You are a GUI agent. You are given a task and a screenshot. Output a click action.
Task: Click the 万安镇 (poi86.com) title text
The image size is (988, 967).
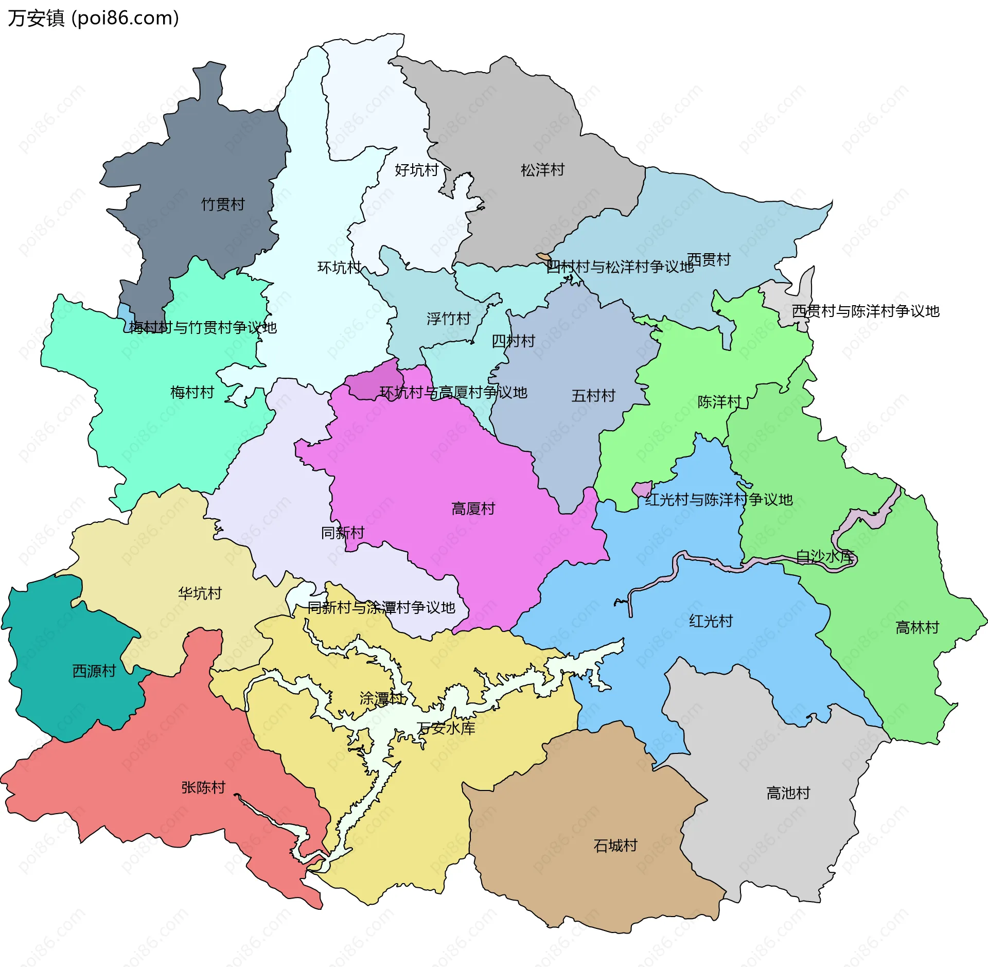coord(93,19)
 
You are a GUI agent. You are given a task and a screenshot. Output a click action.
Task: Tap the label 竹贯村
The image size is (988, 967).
coord(222,204)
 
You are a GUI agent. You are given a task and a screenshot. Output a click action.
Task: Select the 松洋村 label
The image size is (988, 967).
coord(542,170)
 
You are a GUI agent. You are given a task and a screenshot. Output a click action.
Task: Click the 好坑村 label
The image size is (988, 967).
coord(416,170)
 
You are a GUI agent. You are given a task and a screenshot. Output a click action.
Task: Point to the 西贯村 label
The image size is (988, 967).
coord(709,260)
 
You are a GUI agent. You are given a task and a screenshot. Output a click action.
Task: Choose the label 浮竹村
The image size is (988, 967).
coord(448,319)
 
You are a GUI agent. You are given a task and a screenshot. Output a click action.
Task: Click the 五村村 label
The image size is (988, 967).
coord(593,396)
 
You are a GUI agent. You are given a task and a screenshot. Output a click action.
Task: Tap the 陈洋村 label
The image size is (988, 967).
coord(719,402)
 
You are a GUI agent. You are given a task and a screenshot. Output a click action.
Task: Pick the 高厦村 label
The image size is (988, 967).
coord(473,509)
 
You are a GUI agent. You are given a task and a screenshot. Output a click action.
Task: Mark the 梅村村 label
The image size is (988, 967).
coord(192,393)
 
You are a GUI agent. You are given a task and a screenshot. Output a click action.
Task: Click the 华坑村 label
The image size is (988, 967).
coord(200,593)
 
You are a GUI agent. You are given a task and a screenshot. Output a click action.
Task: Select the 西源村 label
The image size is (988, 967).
coord(94,671)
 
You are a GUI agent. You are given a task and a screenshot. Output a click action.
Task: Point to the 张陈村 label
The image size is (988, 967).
coord(203,787)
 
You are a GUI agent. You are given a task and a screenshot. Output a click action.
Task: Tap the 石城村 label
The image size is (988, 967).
coord(615,846)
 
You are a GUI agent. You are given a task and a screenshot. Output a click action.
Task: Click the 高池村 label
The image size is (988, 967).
coord(788,793)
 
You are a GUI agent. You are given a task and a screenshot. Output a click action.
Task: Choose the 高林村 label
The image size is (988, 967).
coord(917,628)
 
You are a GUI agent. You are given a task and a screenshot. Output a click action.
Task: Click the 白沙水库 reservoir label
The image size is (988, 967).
coord(824,556)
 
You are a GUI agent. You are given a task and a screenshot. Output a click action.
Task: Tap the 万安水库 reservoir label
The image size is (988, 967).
coord(446,728)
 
